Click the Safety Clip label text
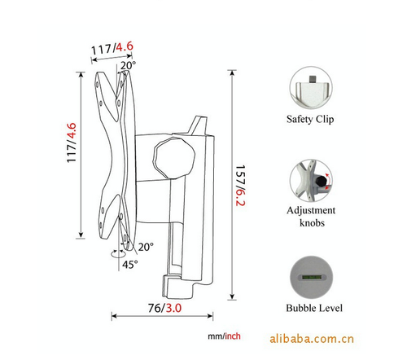pos(310,119)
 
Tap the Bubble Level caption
pos(314,308)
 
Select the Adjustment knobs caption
pos(311,217)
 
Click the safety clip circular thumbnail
pos(311,88)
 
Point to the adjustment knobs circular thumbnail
pos(311,181)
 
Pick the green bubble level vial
pos(312,277)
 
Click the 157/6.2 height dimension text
pos(240,186)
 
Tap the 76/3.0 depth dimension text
pos(164,308)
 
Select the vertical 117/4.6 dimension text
pos(72,143)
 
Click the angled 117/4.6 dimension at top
pos(112,49)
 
